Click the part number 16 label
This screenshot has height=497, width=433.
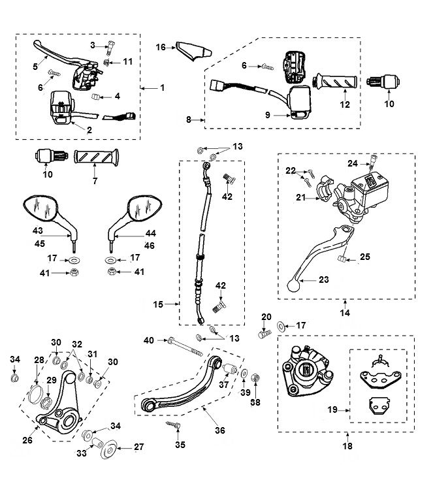(161, 47)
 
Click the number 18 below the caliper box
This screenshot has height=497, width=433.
(347, 447)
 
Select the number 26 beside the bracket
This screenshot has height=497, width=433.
(27, 440)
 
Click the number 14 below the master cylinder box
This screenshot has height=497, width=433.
(345, 313)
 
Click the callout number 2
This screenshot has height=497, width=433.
(89, 129)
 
